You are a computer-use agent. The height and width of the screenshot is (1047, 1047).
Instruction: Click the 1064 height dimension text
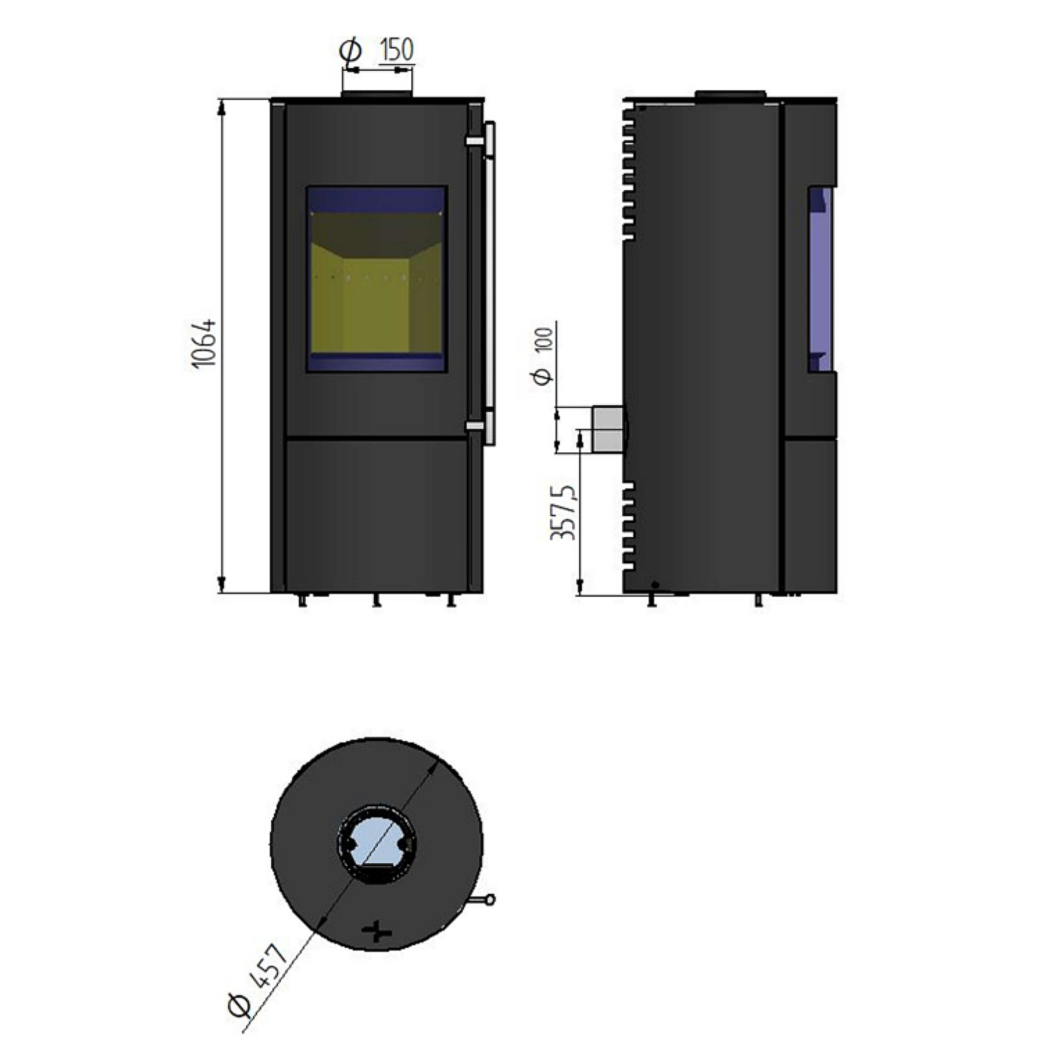tap(205, 344)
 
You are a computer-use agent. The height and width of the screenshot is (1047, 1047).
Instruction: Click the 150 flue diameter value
tap(396, 50)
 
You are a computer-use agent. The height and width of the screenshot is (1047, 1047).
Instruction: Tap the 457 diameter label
tap(268, 965)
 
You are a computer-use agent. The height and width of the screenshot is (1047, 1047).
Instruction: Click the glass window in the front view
tap(376, 279)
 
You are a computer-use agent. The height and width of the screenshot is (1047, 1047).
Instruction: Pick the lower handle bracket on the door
tap(475, 425)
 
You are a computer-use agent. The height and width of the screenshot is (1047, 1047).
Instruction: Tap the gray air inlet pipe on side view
tap(606, 429)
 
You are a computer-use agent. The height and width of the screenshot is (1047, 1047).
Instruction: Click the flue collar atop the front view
tap(376, 94)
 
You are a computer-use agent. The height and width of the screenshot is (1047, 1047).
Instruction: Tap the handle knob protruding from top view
tap(491, 900)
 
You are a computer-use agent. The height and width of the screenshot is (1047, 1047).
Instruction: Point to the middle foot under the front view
tap(376, 601)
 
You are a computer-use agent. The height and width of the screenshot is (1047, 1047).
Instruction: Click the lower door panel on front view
tap(376, 513)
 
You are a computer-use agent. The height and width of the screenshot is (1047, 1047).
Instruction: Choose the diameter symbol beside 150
tap(350, 51)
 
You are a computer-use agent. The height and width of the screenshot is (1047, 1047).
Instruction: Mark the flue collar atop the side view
tap(730, 94)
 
